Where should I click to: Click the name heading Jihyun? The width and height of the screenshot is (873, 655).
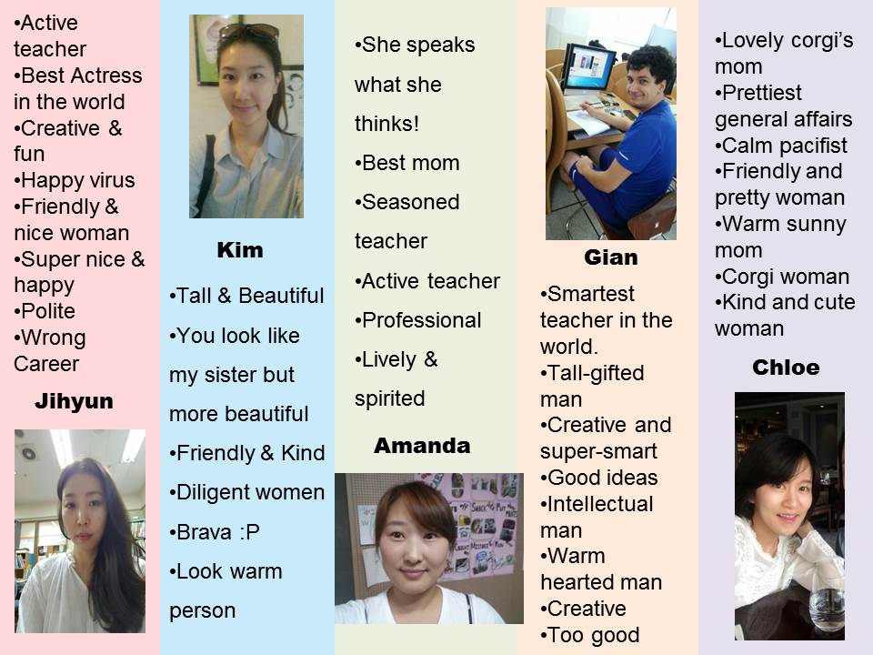coord(74,401)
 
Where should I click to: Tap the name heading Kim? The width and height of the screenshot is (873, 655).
coord(240,250)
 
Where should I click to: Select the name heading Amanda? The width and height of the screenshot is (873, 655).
coord(422,446)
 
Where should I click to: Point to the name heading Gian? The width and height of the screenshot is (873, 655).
coord(611,257)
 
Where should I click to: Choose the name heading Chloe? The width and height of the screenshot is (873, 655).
coord(786,368)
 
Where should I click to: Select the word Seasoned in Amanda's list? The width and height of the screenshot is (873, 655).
coord(411,202)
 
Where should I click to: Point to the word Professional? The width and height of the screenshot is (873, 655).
coord(421,320)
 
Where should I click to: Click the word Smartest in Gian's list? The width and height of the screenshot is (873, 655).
coord(591,294)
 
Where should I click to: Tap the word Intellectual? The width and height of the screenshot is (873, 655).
coord(600,504)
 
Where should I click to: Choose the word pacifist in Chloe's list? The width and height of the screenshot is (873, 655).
coord(813,146)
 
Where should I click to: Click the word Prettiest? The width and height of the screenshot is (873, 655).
coord(762,93)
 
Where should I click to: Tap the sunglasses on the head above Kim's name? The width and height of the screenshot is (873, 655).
coord(249,31)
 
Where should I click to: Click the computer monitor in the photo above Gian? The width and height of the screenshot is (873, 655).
coord(588,70)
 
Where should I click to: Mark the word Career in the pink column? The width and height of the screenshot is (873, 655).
coord(46,364)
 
